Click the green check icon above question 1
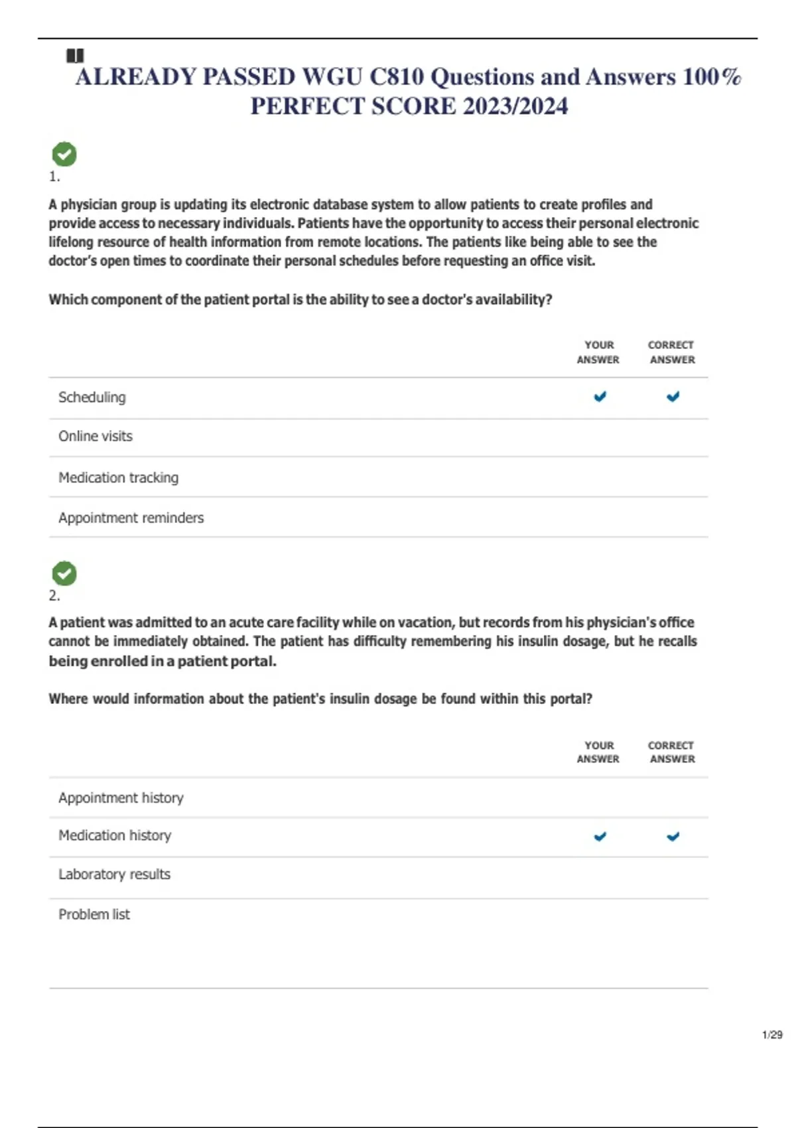click(x=64, y=155)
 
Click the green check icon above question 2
click(x=64, y=574)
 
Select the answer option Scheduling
click(x=92, y=397)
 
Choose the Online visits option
click(x=96, y=437)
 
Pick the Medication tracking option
click(x=118, y=478)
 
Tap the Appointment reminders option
click(x=131, y=518)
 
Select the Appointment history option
click(x=121, y=798)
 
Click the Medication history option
click(x=115, y=836)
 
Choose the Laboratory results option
click(x=114, y=875)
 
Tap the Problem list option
click(x=94, y=914)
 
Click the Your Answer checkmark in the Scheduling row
click(x=600, y=397)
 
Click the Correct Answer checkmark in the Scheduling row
click(x=673, y=397)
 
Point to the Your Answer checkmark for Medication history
click(x=600, y=837)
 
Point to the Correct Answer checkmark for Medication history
click(x=673, y=837)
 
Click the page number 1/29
click(x=772, y=1034)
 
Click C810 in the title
click(x=396, y=78)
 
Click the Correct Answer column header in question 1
click(x=671, y=352)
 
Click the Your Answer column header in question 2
click(x=598, y=752)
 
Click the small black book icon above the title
click(x=75, y=56)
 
